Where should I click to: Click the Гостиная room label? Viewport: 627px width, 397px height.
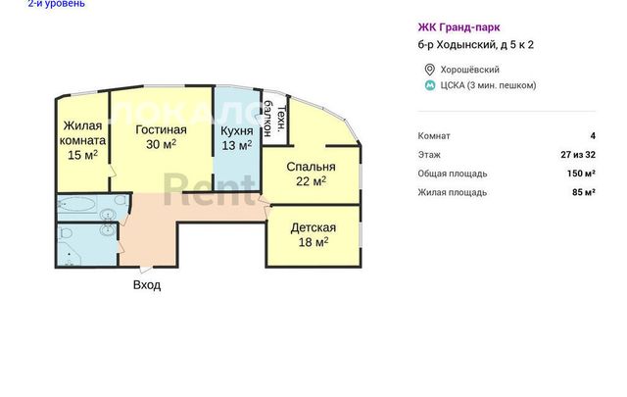pos(161,130)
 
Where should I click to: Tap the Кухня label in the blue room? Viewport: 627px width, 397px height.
pos(237,131)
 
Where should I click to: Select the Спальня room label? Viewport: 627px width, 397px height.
pos(311,167)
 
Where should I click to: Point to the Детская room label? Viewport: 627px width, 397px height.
pos(313,227)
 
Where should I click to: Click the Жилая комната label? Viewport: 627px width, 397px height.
pos(82,133)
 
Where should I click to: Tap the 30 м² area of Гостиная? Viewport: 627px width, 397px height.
pos(161,144)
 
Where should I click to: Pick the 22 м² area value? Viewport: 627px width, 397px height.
pos(311,181)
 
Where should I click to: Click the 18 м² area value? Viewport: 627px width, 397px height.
pos(313,242)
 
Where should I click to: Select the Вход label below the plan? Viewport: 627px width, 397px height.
pos(147,285)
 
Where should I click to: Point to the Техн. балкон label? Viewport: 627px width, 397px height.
pos(274,119)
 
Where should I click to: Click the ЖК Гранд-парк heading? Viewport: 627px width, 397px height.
pos(458,27)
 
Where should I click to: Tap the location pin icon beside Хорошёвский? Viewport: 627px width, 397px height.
pos(429,70)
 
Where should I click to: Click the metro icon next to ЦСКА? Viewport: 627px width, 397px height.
pos(430,85)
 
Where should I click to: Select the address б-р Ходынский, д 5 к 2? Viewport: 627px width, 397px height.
pos(476,45)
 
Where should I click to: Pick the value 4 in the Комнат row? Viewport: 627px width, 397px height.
pos(593,136)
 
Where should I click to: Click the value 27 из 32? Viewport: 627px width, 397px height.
pos(578,155)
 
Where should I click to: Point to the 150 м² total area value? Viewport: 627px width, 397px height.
pos(581,174)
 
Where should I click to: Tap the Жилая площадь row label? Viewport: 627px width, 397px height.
pos(453,192)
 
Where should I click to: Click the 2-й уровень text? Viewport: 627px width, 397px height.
pos(57,4)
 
